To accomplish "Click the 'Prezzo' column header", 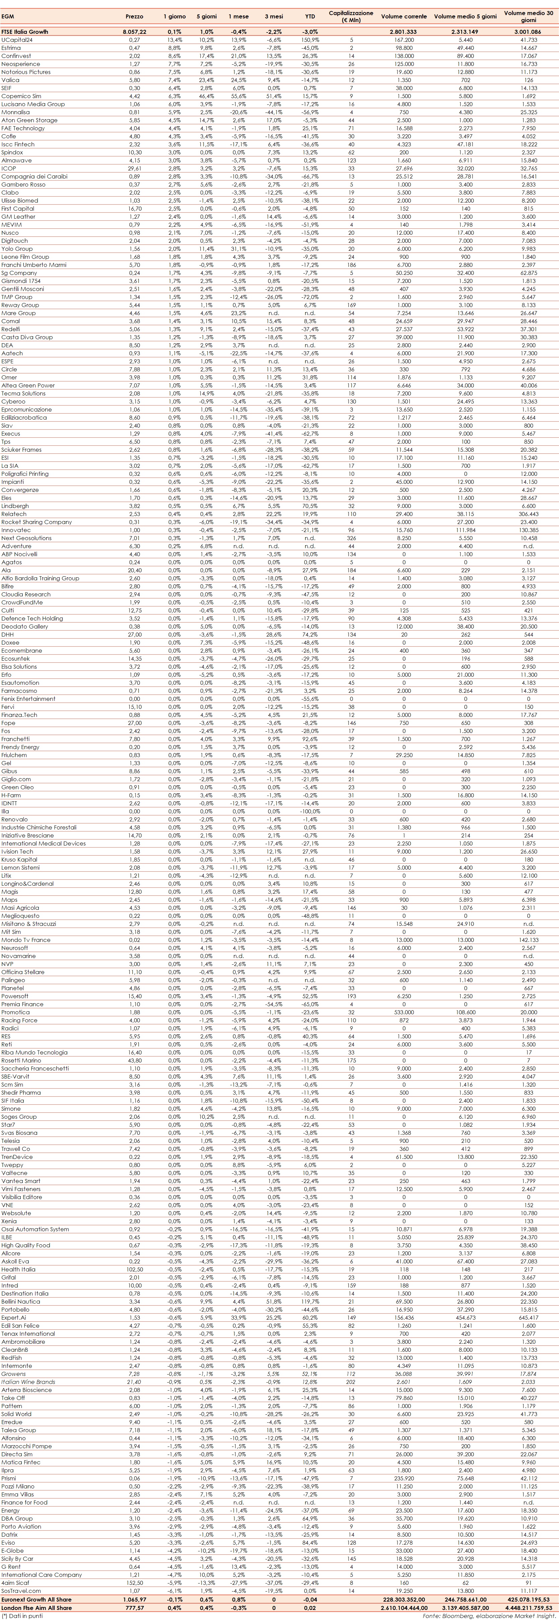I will tap(135, 16).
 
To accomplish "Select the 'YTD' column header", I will tap(310, 16).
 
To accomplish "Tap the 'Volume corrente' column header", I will tap(404, 16).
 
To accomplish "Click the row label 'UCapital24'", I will tap(17, 40).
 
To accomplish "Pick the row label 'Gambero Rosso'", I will tap(23, 184).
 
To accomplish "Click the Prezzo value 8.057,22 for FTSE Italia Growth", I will tap(135, 31).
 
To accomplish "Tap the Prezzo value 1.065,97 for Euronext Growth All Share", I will tap(135, 1599).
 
